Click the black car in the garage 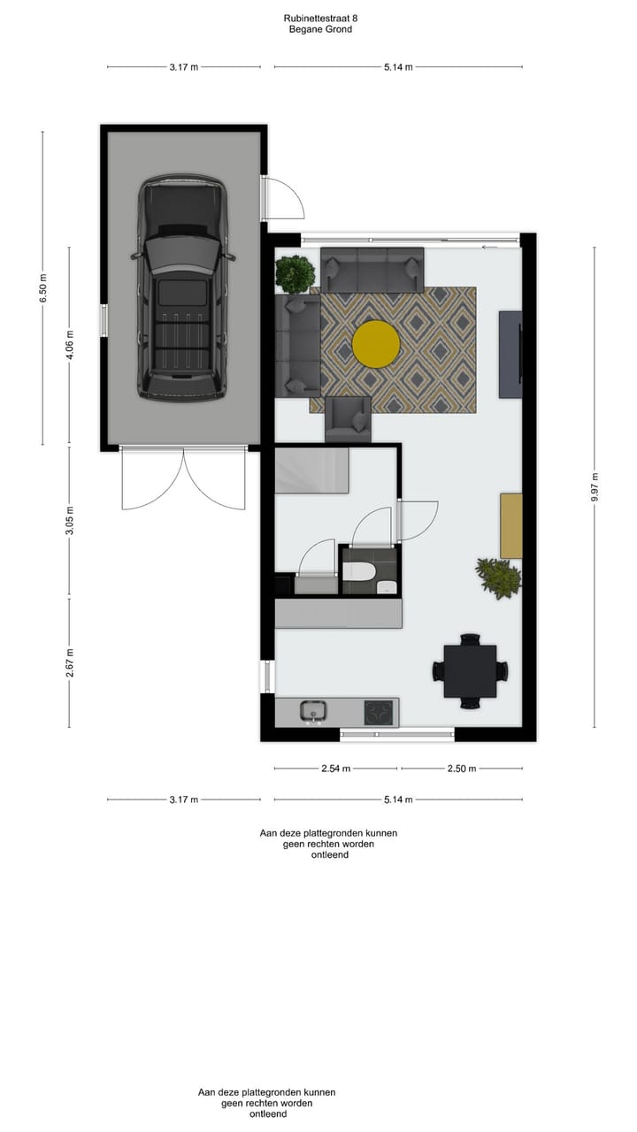pyautogui.click(x=183, y=290)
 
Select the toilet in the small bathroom pyautogui.click(x=359, y=572)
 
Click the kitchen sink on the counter pyautogui.click(x=313, y=710)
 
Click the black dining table pyautogui.click(x=470, y=671)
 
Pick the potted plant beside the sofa pyautogui.click(x=294, y=274)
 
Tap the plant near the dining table pyautogui.click(x=498, y=577)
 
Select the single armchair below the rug pyautogui.click(x=348, y=419)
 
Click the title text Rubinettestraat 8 pyautogui.click(x=320, y=18)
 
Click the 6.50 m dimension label pyautogui.click(x=42, y=289)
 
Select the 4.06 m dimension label pyautogui.click(x=70, y=345)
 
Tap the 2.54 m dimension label pyautogui.click(x=335, y=769)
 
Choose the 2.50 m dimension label pyautogui.click(x=461, y=769)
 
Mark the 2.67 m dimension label pyautogui.click(x=70, y=662)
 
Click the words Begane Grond pyautogui.click(x=320, y=29)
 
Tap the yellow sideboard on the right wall pyautogui.click(x=510, y=525)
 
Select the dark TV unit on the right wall pyautogui.click(x=510, y=354)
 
